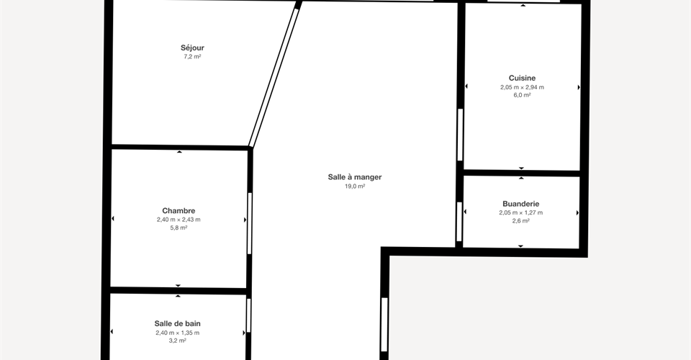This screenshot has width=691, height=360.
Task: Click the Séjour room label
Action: (x=192, y=48)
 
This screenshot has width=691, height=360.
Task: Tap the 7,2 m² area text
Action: (x=193, y=56)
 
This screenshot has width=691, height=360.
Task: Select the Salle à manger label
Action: (x=355, y=177)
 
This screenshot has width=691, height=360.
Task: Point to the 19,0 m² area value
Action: (x=355, y=186)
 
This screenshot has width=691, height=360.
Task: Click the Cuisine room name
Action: (x=523, y=78)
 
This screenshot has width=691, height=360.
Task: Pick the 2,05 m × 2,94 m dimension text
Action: (x=523, y=87)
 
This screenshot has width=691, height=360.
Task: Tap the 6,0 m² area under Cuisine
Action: (x=523, y=95)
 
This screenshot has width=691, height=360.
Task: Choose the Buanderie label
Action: (x=521, y=204)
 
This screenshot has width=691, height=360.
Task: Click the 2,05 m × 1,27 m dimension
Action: (x=521, y=212)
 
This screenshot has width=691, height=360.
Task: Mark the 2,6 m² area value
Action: (x=521, y=221)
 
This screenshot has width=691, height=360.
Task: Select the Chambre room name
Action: (x=179, y=211)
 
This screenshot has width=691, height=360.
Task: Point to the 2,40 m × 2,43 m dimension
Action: (x=179, y=220)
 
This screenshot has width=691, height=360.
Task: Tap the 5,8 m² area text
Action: (x=179, y=228)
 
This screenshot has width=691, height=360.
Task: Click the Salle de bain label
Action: (x=178, y=323)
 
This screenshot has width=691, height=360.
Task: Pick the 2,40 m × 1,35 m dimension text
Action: (x=178, y=333)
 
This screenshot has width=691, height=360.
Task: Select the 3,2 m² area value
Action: (x=178, y=341)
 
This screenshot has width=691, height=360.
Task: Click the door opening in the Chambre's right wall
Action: (x=250, y=223)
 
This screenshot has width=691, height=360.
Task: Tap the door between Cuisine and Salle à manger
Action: (x=460, y=135)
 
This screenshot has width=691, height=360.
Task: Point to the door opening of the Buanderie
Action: (x=459, y=222)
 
